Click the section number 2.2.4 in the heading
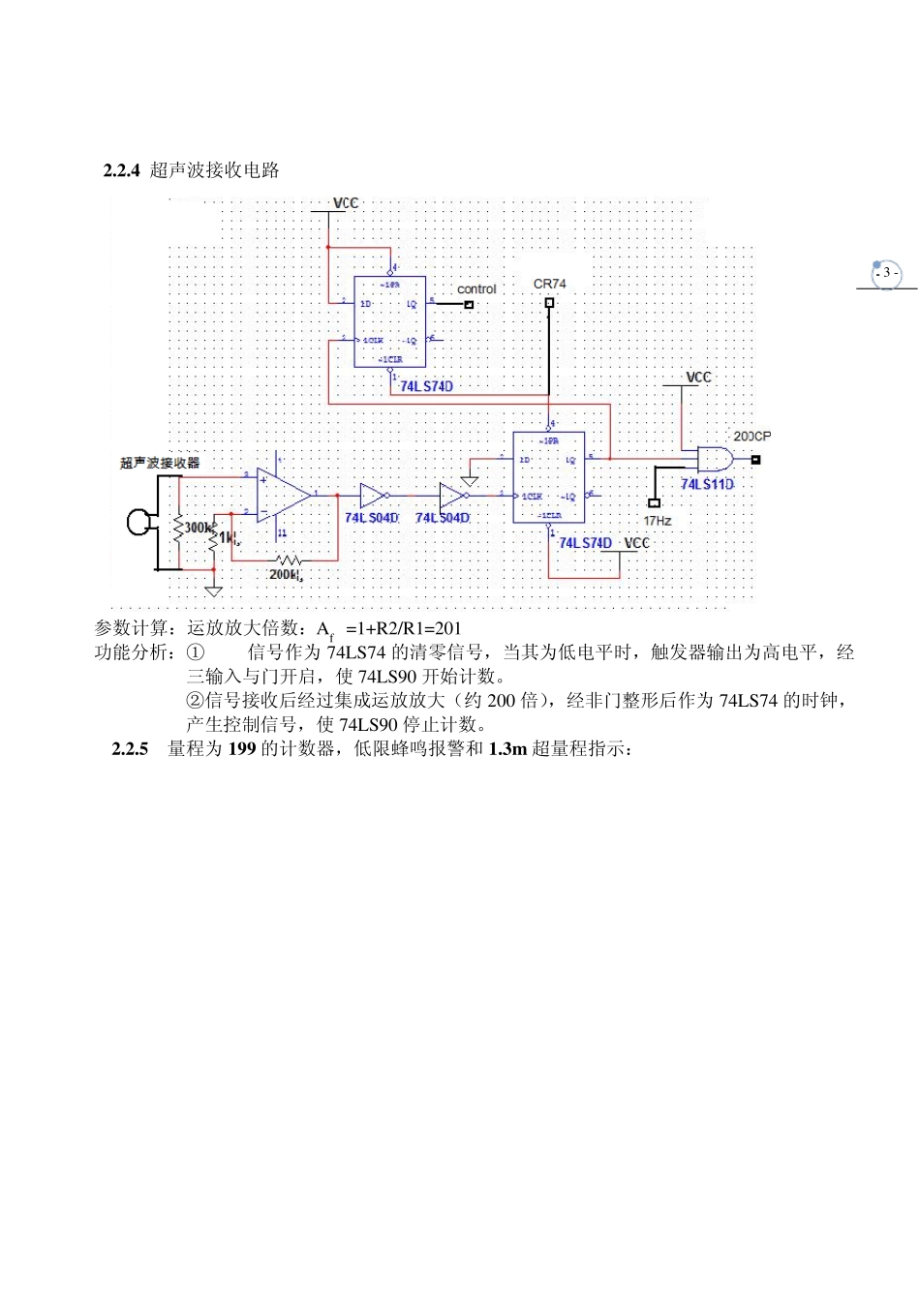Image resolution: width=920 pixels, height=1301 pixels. (x=121, y=170)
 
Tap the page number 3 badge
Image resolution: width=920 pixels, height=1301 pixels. (x=885, y=273)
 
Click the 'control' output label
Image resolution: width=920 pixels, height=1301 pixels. (x=475, y=289)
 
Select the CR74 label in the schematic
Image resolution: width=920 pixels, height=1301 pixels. (x=549, y=284)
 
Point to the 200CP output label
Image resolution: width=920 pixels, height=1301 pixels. (x=751, y=437)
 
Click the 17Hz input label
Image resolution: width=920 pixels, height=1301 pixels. (x=657, y=521)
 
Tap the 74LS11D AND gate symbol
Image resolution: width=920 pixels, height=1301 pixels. (x=714, y=459)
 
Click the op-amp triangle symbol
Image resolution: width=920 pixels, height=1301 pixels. (x=282, y=495)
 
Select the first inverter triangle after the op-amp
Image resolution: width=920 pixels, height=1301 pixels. (x=373, y=496)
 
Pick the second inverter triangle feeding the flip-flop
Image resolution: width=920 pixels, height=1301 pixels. (x=452, y=496)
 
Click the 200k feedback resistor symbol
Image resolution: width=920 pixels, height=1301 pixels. (x=288, y=560)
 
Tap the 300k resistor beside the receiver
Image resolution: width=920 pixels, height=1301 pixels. (x=178, y=529)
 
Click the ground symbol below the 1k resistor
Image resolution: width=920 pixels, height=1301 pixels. (x=213, y=590)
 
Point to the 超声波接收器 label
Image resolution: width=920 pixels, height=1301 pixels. (x=160, y=463)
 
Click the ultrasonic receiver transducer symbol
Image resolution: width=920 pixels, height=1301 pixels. (x=139, y=523)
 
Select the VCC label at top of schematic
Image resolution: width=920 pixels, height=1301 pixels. (x=346, y=203)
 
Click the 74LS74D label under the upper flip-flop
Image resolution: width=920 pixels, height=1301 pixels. (x=426, y=386)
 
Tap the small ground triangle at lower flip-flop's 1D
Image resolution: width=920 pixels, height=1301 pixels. (x=470, y=480)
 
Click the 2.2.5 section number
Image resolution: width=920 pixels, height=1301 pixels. (x=130, y=749)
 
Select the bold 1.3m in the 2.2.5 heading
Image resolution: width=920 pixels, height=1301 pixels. (x=507, y=749)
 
